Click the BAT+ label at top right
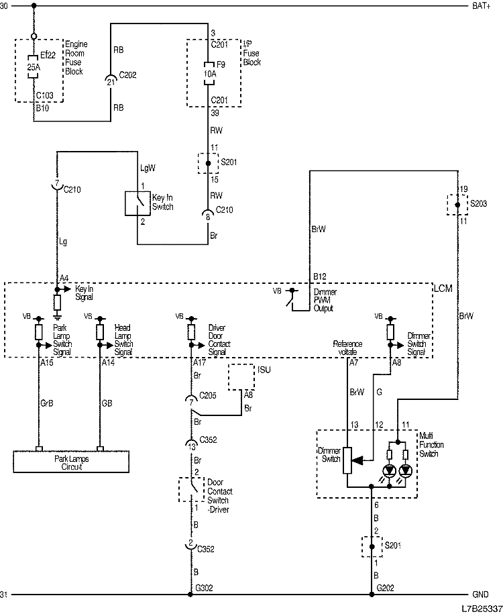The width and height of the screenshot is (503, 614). click(x=482, y=6)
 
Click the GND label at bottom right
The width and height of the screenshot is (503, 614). click(x=481, y=595)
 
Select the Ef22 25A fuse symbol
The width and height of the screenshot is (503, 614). click(x=34, y=67)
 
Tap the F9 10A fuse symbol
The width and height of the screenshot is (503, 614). click(x=208, y=72)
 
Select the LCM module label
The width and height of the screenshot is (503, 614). click(x=443, y=288)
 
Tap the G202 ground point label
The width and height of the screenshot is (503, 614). click(x=385, y=589)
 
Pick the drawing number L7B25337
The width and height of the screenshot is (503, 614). click(x=480, y=608)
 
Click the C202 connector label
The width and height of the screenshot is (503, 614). click(x=127, y=75)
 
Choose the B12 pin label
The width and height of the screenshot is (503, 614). click(x=319, y=276)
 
